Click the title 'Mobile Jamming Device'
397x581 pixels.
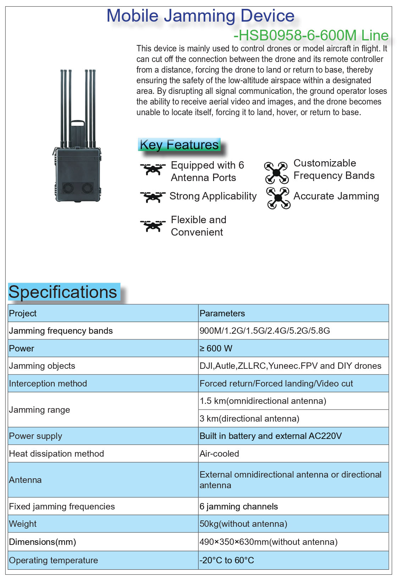coord(200,16)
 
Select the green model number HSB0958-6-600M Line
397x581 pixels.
coord(311,35)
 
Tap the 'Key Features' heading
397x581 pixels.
coord(179,145)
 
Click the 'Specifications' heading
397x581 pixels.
coord(63,292)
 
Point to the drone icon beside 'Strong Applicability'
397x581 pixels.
coord(153,197)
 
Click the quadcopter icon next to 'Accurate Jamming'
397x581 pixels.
coord(278,198)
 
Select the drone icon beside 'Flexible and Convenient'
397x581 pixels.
coord(153,225)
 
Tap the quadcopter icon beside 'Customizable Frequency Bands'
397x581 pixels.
coord(276,173)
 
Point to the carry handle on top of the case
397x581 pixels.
coord(78,124)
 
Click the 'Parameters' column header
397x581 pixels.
coord(222,313)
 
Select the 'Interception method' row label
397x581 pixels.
coord(48,383)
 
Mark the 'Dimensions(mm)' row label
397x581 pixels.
coord(43,542)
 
